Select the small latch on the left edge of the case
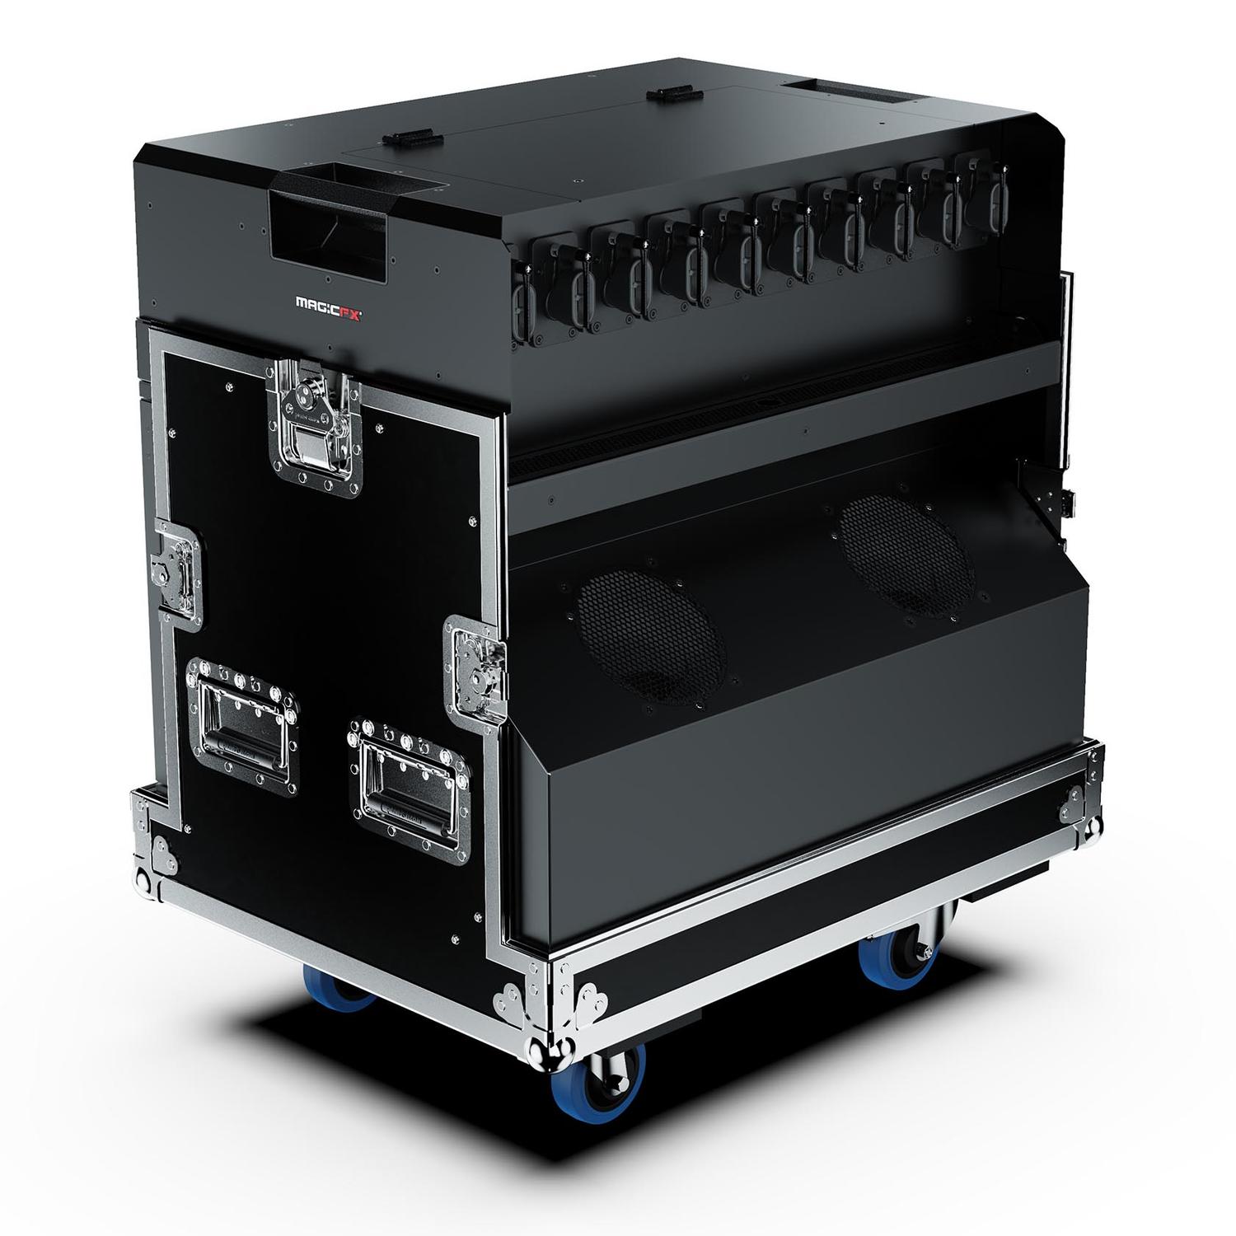click(175, 571)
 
